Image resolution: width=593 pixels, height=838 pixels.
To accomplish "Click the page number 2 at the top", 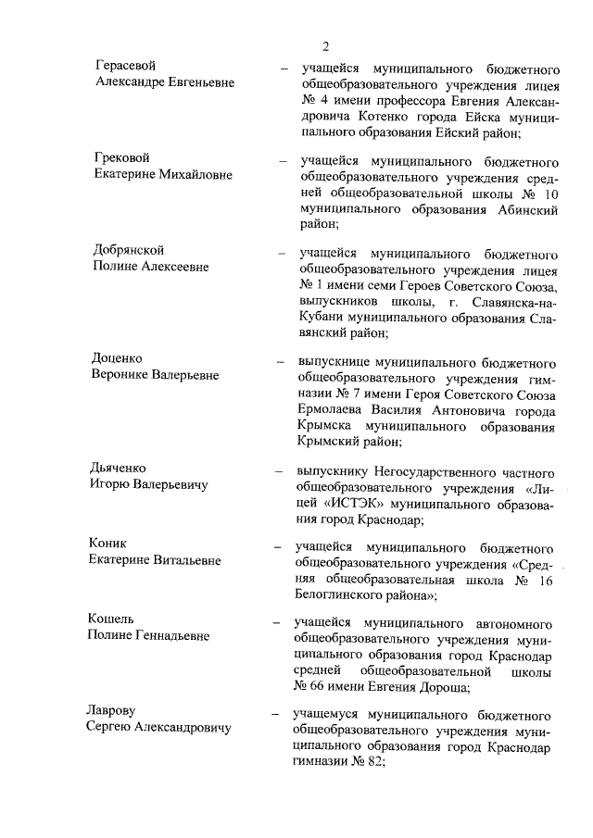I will point(326,46).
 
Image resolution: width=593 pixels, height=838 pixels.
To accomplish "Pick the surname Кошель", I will point(112,619).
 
